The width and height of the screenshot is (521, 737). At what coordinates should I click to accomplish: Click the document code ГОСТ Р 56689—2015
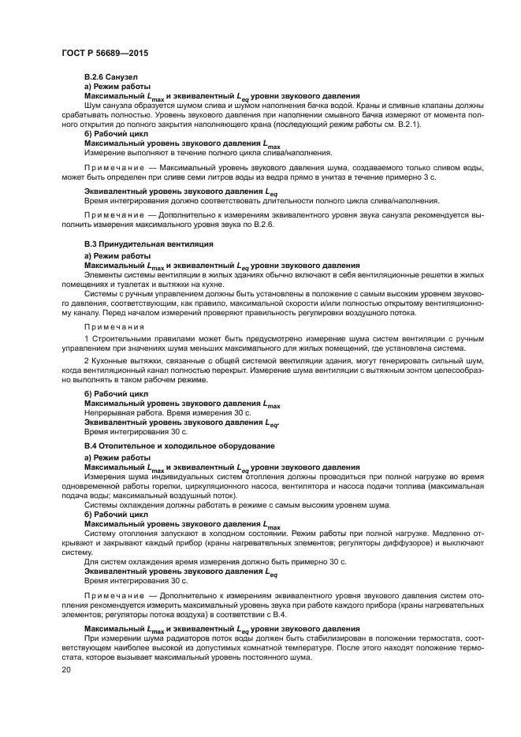click(x=104, y=53)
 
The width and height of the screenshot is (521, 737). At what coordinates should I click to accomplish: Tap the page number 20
click(x=67, y=669)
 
